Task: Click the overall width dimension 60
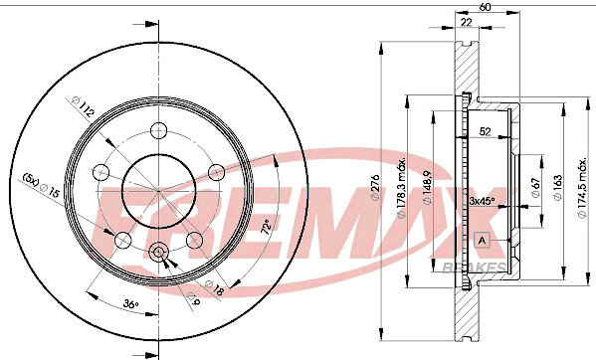[x=485, y=7]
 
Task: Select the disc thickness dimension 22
[x=466, y=22]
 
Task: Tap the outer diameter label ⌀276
[x=375, y=187]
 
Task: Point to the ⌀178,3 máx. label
[x=402, y=187]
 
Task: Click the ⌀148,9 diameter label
[x=428, y=188]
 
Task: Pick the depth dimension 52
[x=485, y=132]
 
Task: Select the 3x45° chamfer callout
[x=482, y=201]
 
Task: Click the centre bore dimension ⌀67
[x=535, y=187]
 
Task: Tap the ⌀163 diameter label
[x=557, y=187]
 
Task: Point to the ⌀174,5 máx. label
[x=582, y=188]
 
